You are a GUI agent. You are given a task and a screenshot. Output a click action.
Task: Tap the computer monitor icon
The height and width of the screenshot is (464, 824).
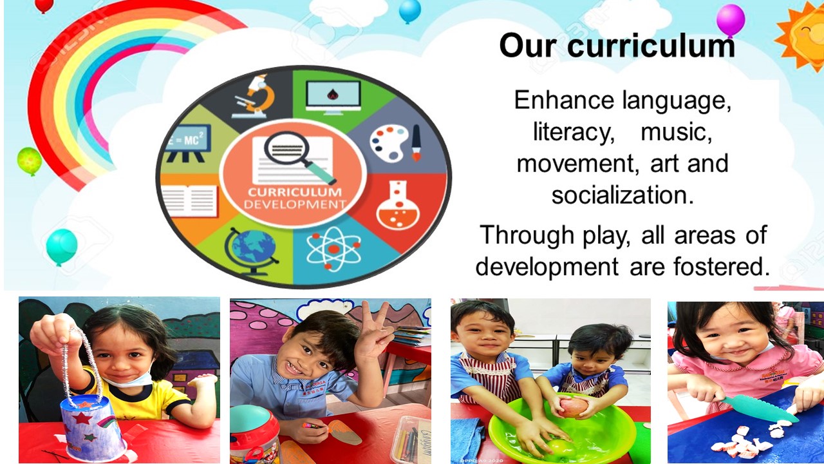333,97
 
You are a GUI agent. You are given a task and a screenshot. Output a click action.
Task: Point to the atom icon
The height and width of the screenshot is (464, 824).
333,249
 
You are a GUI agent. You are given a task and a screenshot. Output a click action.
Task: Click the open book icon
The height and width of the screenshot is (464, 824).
189,201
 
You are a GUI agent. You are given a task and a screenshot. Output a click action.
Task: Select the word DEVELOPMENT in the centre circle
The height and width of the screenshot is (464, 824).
295,204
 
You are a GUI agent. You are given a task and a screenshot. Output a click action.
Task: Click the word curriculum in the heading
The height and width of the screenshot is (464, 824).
651,45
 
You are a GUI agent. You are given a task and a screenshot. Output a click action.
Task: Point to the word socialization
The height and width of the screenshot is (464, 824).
623,195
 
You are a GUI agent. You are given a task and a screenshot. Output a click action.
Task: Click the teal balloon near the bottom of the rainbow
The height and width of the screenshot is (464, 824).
62,246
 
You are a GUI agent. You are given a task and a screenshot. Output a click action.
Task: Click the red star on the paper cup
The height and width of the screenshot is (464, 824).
81,418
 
